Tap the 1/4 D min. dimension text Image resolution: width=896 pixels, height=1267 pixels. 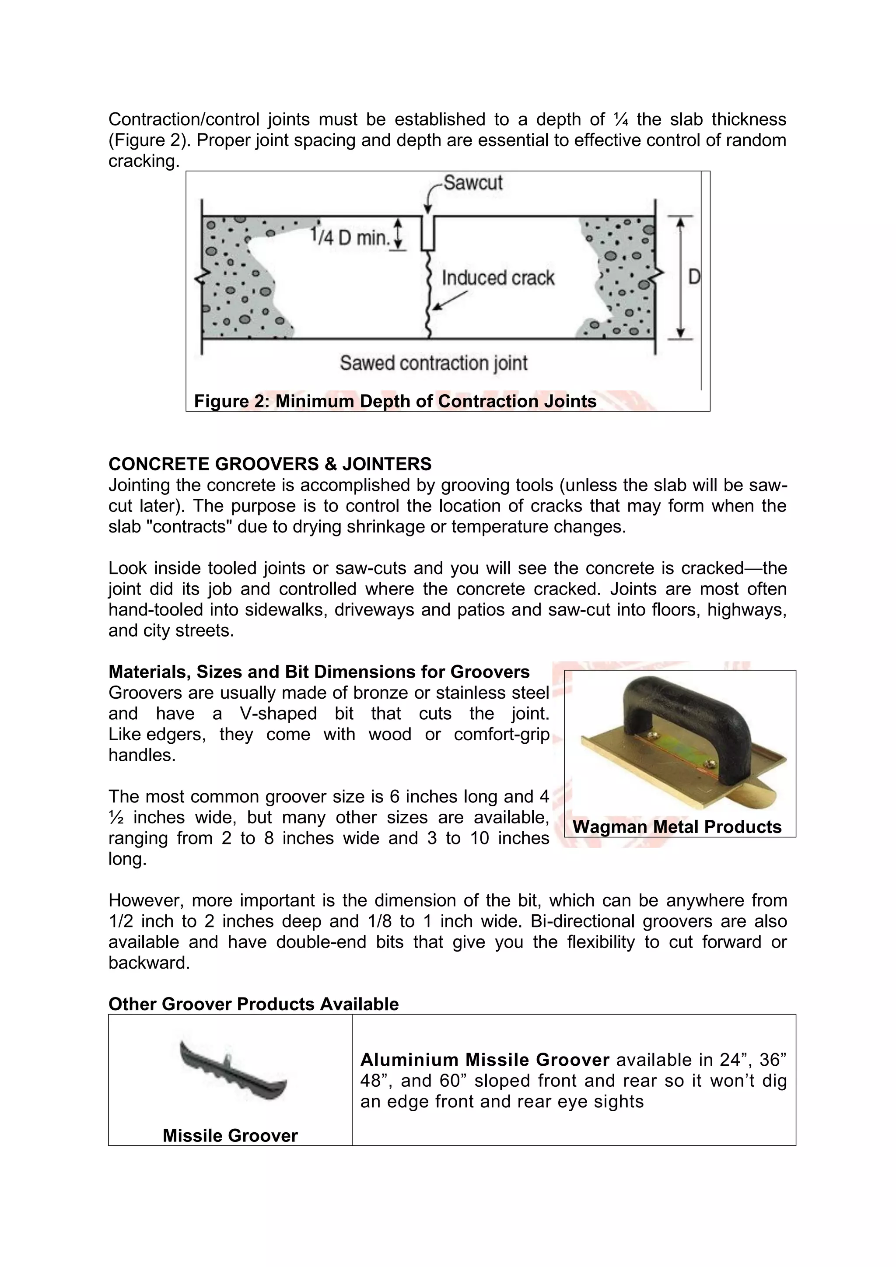(350, 238)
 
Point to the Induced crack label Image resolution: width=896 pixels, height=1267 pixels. (497, 277)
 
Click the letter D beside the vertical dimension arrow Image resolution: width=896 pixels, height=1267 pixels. (693, 276)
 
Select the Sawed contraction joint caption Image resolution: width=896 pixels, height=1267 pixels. (434, 363)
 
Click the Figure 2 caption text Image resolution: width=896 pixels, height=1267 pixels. (395, 401)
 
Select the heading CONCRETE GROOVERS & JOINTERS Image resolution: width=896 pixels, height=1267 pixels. (270, 464)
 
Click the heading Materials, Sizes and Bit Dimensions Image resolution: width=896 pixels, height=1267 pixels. (319, 672)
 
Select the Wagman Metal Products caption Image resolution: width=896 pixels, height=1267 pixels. (677, 826)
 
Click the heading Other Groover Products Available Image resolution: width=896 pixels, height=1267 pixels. (253, 1004)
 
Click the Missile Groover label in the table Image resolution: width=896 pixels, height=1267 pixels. (230, 1135)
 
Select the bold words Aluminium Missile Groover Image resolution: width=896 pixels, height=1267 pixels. (484, 1060)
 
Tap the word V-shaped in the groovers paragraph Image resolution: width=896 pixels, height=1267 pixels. (278, 714)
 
